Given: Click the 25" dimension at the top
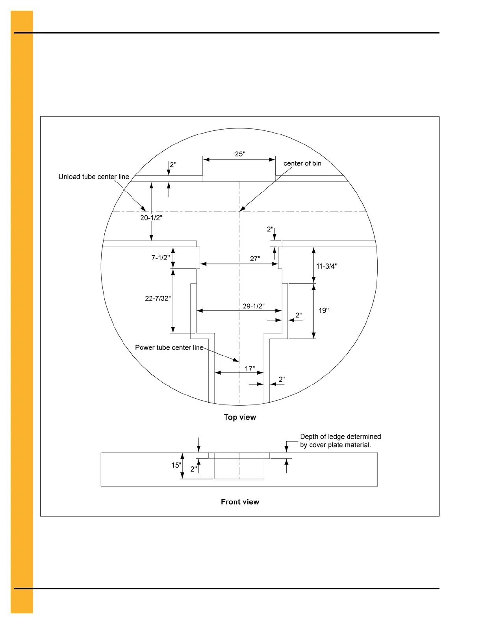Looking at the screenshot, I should click(240, 154).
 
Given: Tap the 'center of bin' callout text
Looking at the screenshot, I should click(302, 163).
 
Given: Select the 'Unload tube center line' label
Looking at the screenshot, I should click(94, 177).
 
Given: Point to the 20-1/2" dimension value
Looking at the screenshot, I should click(151, 218).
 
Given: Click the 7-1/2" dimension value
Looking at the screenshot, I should click(161, 258).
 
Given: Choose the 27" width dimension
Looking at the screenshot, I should click(255, 259).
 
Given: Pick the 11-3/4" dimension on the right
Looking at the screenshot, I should click(326, 266).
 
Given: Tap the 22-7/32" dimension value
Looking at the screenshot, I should click(158, 299).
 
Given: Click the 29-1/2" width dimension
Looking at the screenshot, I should click(253, 306).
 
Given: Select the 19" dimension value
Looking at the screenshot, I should click(323, 311).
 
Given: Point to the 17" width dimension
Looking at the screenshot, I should click(250, 369).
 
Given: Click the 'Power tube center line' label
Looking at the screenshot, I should click(169, 347).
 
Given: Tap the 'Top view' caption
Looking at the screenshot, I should click(240, 417).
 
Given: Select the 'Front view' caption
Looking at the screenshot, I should click(240, 502).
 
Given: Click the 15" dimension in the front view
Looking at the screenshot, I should click(176, 465).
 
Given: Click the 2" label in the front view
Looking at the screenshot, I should click(194, 469).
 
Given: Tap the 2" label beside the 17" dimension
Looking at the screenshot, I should click(282, 380).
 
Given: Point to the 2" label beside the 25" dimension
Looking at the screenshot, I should click(173, 165).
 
